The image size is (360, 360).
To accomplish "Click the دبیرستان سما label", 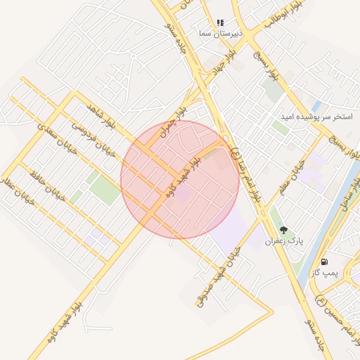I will click(x=220, y=34).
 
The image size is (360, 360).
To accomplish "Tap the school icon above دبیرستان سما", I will click(x=220, y=22).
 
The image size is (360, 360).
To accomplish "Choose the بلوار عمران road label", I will click(x=174, y=116).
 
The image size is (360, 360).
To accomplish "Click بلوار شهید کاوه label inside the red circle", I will click(x=181, y=176).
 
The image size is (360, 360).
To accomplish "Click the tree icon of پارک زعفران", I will click(x=284, y=230).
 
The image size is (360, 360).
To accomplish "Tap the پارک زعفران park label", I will click(x=284, y=241).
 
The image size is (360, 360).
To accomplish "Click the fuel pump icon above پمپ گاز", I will click(x=324, y=262).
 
